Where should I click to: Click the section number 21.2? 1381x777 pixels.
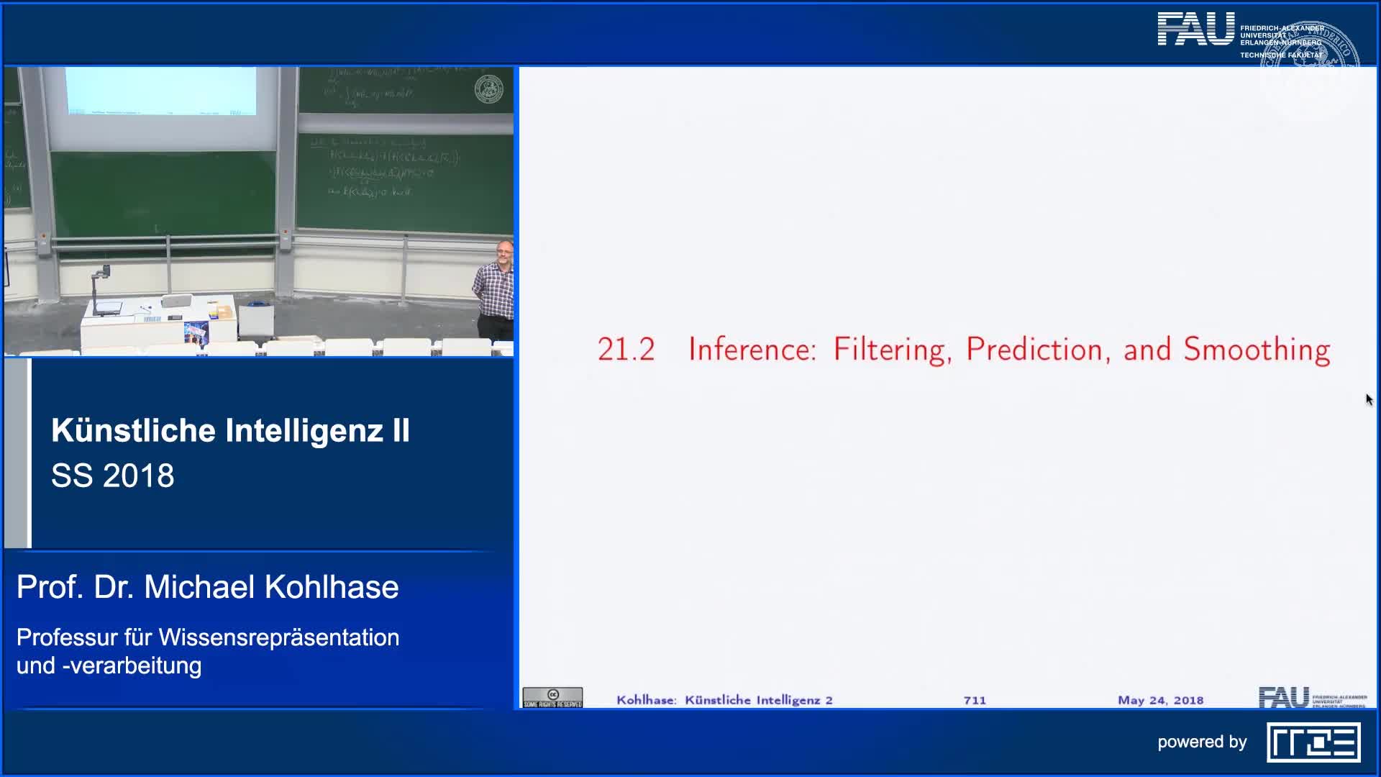626,350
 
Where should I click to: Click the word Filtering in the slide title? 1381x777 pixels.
888,350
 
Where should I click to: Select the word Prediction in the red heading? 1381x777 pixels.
1034,350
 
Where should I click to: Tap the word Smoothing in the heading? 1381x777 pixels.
1257,350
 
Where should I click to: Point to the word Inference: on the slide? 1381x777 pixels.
752,350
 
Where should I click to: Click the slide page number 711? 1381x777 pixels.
975,700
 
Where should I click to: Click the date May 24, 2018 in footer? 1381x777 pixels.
1160,700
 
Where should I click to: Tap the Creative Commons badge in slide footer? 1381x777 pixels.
552,698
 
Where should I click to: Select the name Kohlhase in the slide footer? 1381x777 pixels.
646,700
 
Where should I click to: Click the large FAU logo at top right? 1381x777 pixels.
1195,30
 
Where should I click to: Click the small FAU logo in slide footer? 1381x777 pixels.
1284,697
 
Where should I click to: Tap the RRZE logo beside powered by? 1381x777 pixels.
1313,742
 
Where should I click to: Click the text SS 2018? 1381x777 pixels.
113,476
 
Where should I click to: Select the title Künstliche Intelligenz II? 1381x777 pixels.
230,430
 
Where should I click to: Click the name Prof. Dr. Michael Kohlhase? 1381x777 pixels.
207,587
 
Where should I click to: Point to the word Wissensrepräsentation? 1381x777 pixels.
278,637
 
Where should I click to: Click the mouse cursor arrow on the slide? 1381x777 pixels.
1369,399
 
